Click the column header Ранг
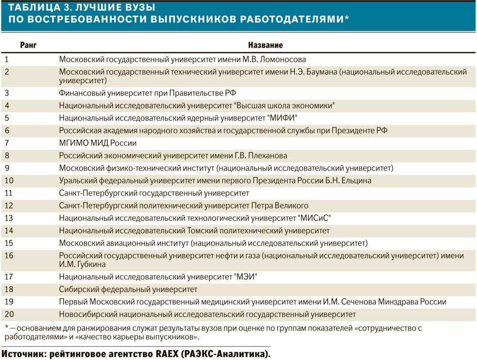28,45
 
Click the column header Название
265,45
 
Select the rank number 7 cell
7,143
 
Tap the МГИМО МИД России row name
98,143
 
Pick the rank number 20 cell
9,314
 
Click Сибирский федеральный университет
128,289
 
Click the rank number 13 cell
9,218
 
